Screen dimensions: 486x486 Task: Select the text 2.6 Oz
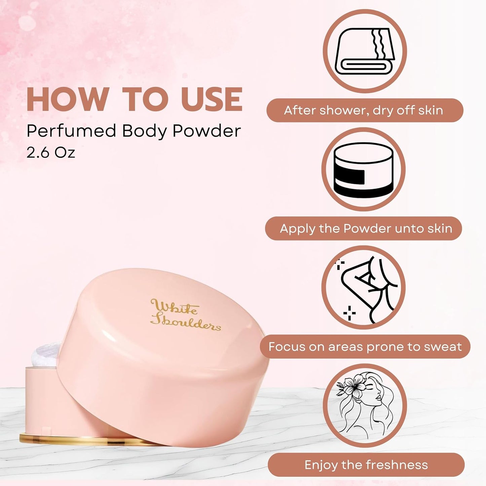tap(51, 152)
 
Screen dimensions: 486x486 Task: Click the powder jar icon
tap(363, 170)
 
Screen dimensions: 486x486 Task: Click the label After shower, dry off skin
tap(365, 110)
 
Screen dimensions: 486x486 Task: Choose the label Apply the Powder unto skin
tap(365, 229)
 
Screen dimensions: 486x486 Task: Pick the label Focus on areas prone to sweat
tap(365, 347)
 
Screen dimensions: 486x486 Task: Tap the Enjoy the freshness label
tap(366, 465)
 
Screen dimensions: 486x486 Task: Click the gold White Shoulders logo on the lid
tap(185, 314)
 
